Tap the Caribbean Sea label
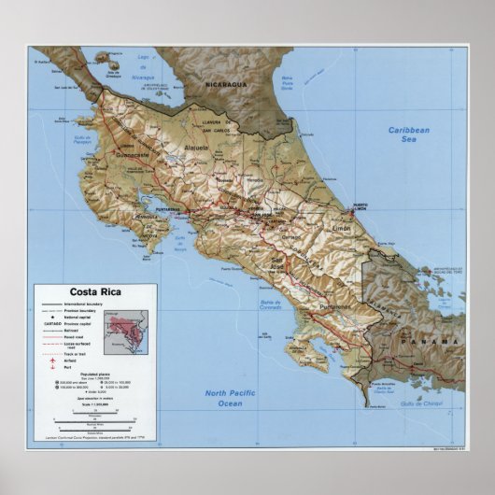coord(409,136)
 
